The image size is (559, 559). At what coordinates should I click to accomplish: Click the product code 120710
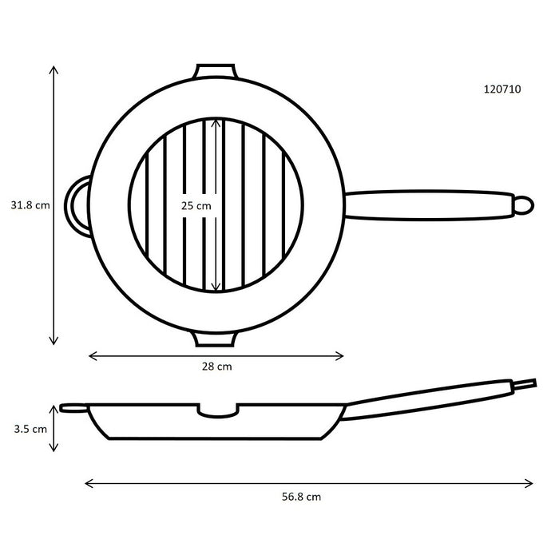pos(502,89)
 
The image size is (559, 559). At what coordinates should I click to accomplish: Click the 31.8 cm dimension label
pos(30,204)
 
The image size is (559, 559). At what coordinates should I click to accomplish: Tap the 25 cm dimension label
pos(196,205)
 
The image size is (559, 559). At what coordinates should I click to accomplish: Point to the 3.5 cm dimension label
pos(30,427)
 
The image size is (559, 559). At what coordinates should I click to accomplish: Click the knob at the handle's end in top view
pos(521,204)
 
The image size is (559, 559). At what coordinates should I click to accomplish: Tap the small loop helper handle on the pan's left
pos(77,204)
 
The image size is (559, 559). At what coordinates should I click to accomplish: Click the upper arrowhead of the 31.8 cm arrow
pos(54,69)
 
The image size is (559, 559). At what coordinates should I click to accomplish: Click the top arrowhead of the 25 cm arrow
pos(216,122)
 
